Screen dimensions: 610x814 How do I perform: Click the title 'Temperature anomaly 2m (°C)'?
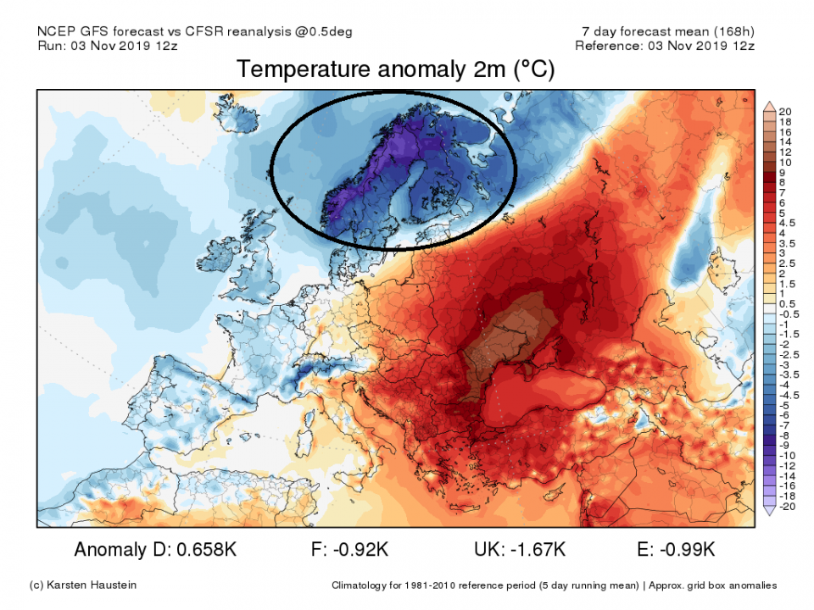coord(395,70)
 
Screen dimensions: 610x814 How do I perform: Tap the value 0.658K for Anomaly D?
coord(205,550)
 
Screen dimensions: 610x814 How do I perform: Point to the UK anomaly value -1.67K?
coord(536,550)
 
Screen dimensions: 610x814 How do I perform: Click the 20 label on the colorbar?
coord(784,112)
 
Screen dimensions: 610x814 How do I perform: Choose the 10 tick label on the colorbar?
coord(784,162)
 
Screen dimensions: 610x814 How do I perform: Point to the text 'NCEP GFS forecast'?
coord(93,32)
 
